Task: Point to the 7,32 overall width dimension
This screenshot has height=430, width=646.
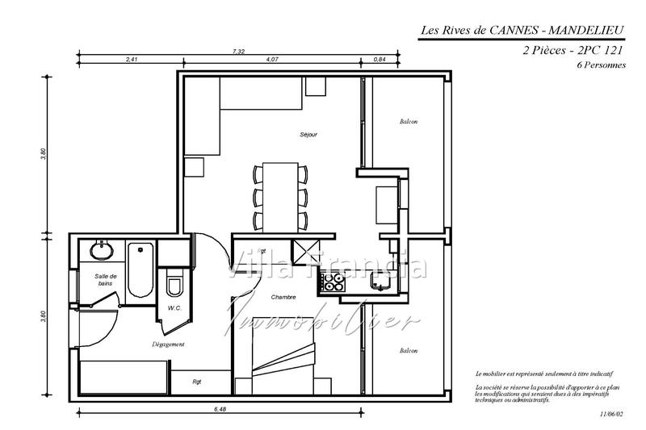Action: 238,52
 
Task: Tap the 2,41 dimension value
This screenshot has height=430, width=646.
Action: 132,60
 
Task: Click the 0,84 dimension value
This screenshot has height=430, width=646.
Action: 380,60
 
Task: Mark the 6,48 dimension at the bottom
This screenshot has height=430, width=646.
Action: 220,410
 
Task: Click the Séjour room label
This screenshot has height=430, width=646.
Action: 308,134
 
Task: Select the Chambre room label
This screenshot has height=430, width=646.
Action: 283,297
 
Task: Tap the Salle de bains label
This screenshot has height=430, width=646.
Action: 106,280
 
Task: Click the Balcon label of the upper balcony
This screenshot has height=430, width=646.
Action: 409,122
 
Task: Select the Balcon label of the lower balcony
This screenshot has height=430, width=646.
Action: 409,351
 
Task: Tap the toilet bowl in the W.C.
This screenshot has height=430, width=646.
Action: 174,286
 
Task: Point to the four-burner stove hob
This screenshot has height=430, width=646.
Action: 333,282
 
